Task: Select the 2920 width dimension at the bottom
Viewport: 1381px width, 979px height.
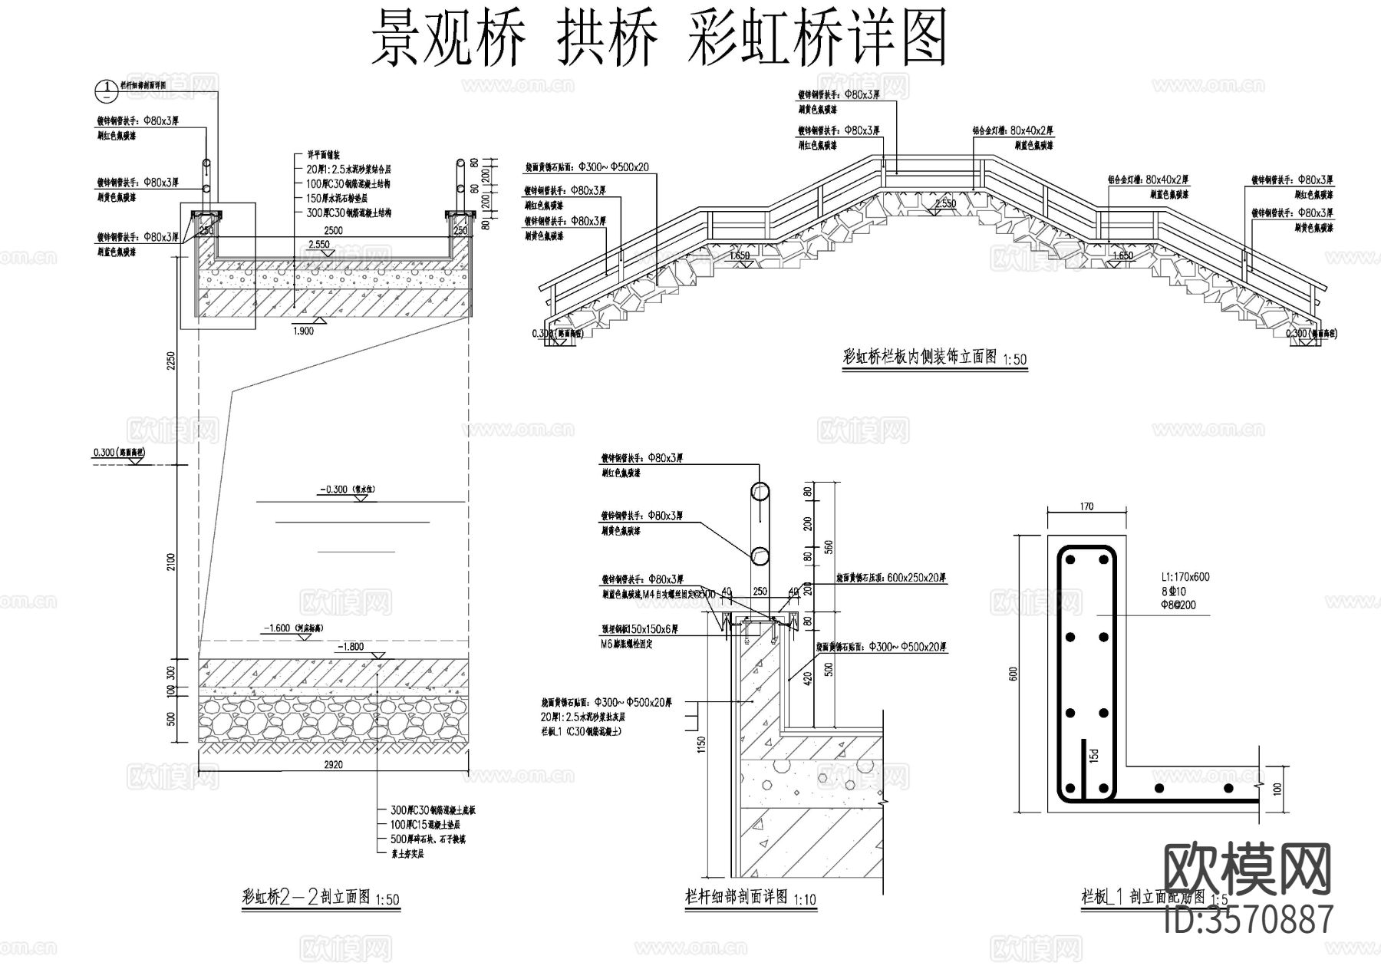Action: (x=334, y=764)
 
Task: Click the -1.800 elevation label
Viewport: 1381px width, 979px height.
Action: (x=352, y=647)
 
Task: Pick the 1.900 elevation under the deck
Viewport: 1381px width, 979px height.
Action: (x=303, y=331)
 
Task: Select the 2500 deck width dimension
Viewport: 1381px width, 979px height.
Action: (x=334, y=230)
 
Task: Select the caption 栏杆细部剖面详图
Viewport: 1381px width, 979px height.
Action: (x=736, y=897)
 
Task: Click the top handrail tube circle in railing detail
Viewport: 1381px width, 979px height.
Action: (x=760, y=492)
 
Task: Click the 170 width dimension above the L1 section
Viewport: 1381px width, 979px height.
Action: (x=1086, y=506)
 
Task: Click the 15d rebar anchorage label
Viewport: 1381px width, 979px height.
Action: (x=1093, y=755)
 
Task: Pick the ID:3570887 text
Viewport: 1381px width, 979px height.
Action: (x=1248, y=918)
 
